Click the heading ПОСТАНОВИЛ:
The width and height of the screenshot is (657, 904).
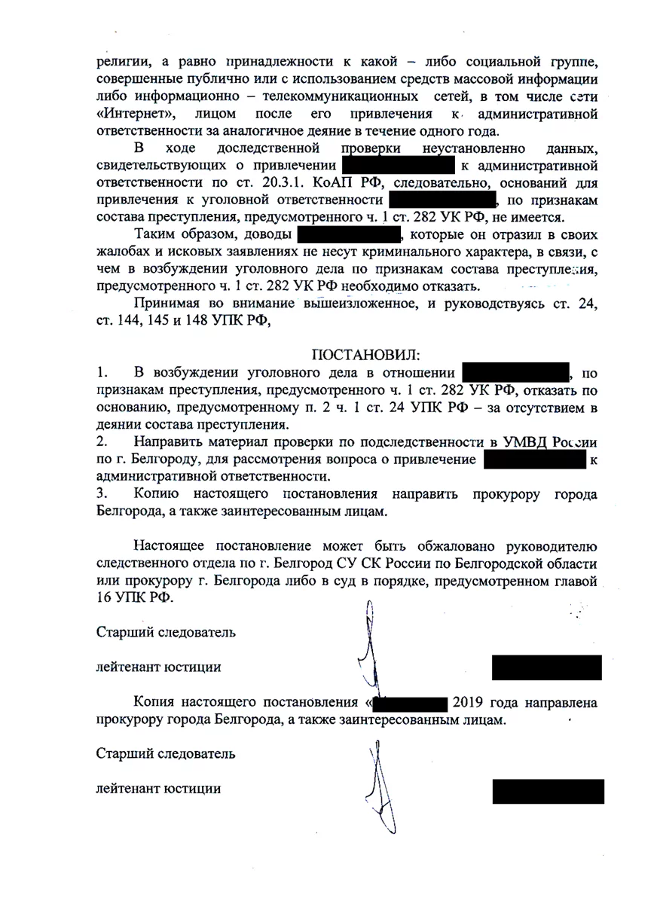point(365,354)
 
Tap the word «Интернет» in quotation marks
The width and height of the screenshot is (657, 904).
point(137,114)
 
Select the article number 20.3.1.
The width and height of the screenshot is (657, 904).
point(269,182)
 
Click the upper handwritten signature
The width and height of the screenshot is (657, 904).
point(368,648)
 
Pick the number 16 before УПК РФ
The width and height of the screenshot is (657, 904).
point(105,599)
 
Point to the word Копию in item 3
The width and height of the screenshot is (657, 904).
point(157,494)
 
